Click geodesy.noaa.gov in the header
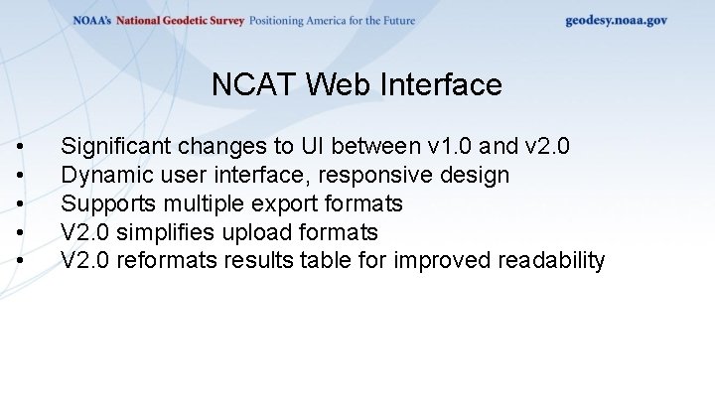(616, 20)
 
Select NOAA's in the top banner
(92, 21)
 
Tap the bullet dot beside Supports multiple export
(22, 205)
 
